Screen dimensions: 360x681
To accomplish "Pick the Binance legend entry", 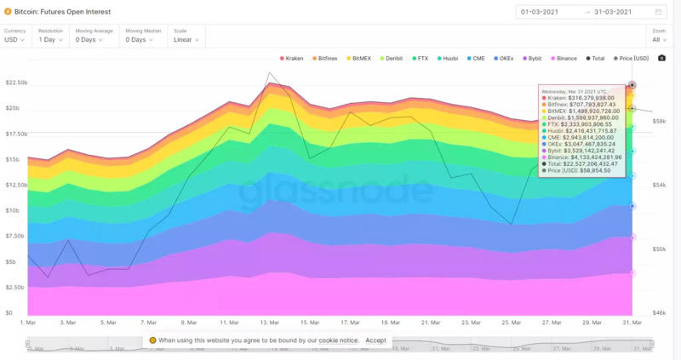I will pos(565,58).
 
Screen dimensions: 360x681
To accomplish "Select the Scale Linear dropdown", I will pos(186,39).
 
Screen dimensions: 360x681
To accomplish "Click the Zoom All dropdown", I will pos(657,39).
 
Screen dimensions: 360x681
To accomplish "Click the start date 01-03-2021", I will pos(539,12).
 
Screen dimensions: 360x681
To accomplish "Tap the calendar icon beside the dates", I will pos(659,12).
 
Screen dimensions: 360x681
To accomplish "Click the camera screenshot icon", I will pos(662,58).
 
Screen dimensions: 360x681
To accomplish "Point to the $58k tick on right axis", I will pos(660,122).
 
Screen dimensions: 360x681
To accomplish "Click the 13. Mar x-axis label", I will pos(271,323).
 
